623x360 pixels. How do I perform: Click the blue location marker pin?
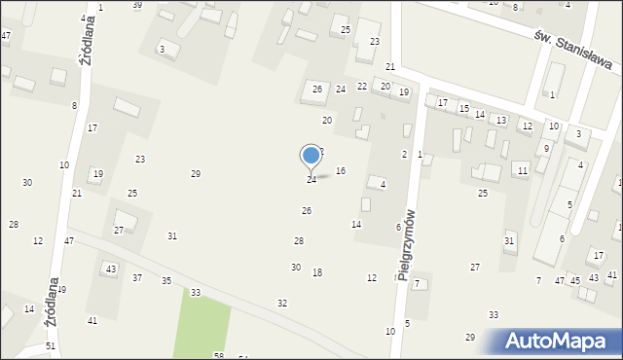coord(311,156)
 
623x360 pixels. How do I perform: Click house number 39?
coord(137,5)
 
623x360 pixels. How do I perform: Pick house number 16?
coord(341,171)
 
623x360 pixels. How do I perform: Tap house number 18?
coord(317,272)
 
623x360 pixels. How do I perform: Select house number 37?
coord(137,278)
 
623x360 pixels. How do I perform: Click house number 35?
coord(166,281)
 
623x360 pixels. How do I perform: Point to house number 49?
coord(61,290)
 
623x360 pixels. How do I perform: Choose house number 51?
coord(51,346)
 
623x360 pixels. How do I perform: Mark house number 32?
coord(282,304)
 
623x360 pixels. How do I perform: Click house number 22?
coord(362,87)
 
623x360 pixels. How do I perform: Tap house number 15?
coord(464,108)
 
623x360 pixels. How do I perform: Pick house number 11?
coord(523,171)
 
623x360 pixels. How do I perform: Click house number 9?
coord(547,149)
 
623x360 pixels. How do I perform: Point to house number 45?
coord(575,280)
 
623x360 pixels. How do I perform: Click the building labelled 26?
coord(316,90)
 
